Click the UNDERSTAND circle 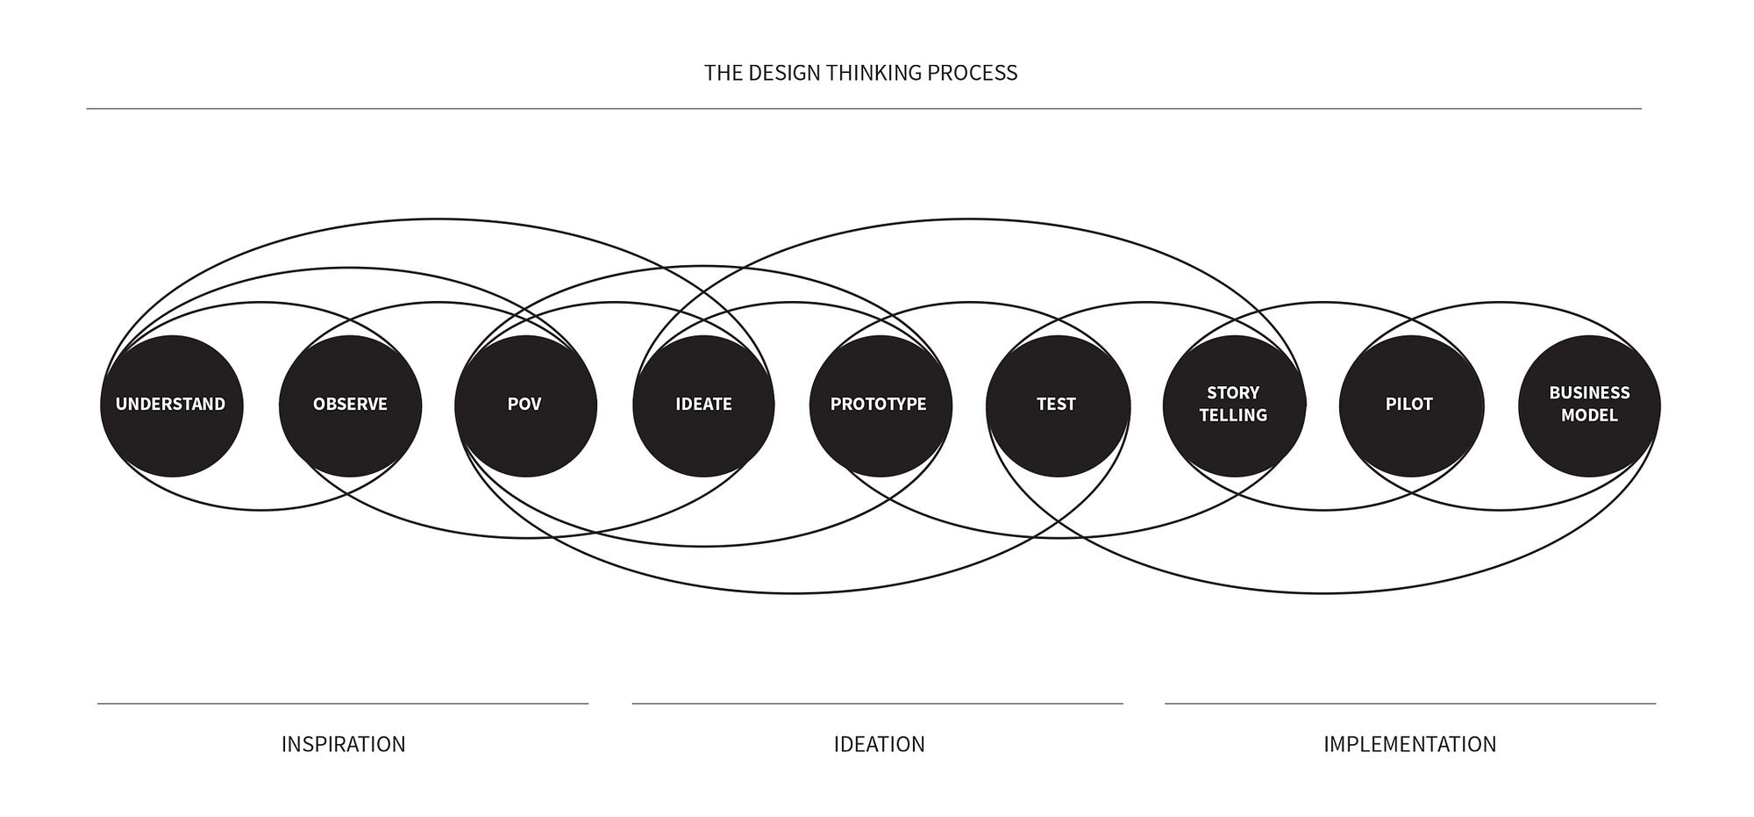[x=171, y=405]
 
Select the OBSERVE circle [x=350, y=405]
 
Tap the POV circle [x=525, y=405]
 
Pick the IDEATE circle [x=703, y=405]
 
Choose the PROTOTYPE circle [x=880, y=405]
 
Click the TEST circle [x=1057, y=405]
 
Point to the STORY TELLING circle [x=1234, y=405]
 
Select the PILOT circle [x=1410, y=405]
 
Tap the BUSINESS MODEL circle [x=1589, y=405]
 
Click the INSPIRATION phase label [x=343, y=744]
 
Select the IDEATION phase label [x=879, y=744]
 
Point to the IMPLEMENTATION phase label [x=1409, y=744]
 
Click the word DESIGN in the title [x=784, y=73]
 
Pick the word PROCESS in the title [x=973, y=73]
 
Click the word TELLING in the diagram [x=1234, y=415]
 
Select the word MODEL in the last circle [x=1589, y=415]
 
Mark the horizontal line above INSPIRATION [x=343, y=703]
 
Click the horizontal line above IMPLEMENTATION [x=1409, y=703]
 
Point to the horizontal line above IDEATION [x=877, y=703]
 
